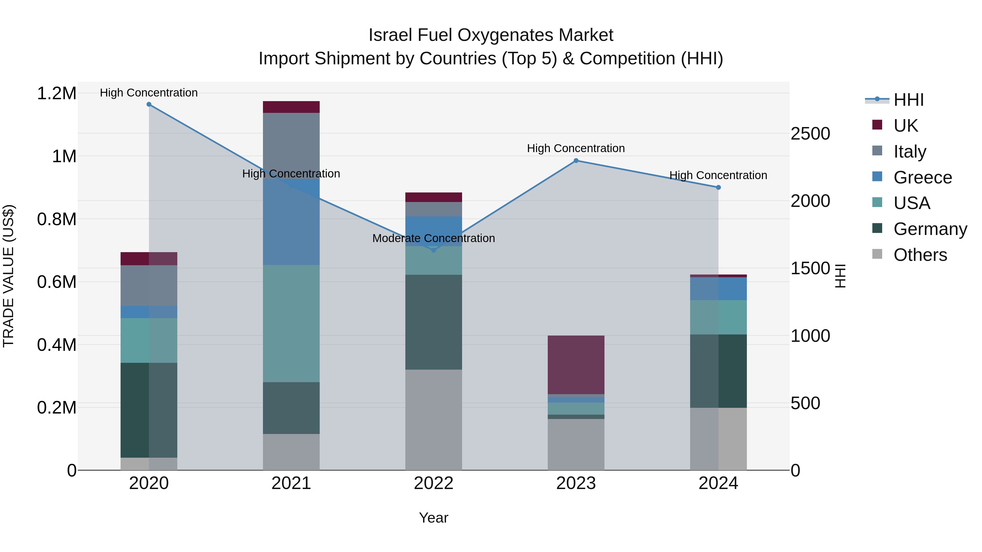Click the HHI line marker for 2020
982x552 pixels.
[x=149, y=104]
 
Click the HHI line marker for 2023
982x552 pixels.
[x=576, y=161]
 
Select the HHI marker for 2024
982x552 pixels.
[x=718, y=188]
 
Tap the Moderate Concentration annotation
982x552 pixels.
[x=433, y=239]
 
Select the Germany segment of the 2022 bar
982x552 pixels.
[x=433, y=322]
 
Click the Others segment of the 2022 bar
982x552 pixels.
[x=433, y=420]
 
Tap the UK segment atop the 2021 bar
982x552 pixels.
[x=291, y=107]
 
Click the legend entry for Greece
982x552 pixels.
[x=922, y=177]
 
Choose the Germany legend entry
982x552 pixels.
[x=930, y=229]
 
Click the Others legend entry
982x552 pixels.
[x=920, y=255]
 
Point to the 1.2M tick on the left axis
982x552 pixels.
[x=56, y=93]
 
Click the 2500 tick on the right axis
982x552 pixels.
[x=810, y=134]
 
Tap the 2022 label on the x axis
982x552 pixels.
[x=433, y=483]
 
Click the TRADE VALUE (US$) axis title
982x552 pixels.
[x=8, y=276]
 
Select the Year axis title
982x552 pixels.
[x=433, y=518]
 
